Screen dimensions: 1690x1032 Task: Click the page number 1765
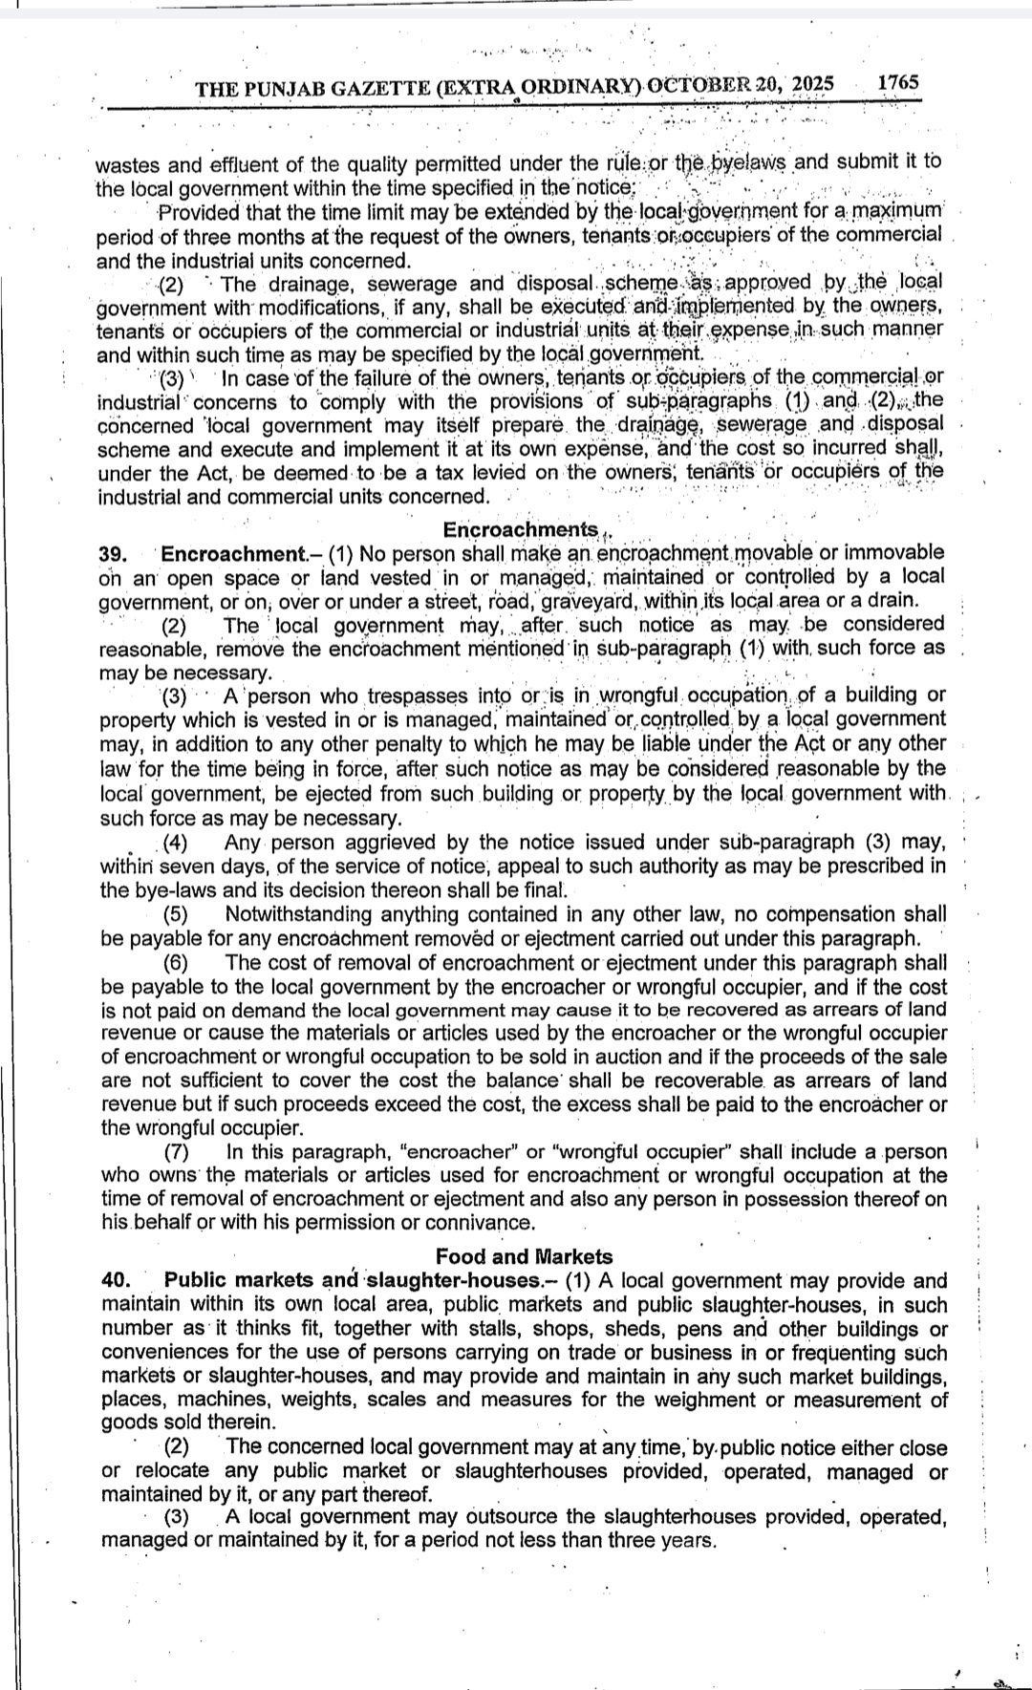coord(898,82)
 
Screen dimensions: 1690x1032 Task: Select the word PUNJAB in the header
coord(280,89)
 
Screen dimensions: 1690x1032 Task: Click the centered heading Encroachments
coord(521,529)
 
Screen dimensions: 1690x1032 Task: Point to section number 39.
coord(114,554)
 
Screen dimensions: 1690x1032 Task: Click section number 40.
coord(116,1281)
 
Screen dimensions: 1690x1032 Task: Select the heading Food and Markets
coord(524,1256)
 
